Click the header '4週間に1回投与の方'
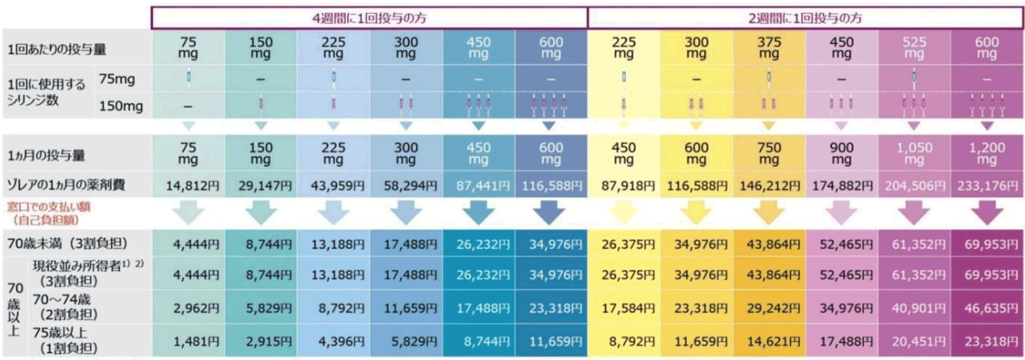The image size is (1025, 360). (369, 18)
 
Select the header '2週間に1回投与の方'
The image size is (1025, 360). (805, 18)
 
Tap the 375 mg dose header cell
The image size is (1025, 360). (769, 47)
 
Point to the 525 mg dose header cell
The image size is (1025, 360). (914, 47)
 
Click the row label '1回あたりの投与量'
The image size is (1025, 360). (57, 49)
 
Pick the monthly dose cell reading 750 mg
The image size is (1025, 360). (769, 153)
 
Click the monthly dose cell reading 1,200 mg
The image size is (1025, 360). (987, 153)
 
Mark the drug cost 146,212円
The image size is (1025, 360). (770, 186)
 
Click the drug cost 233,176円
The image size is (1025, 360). (987, 186)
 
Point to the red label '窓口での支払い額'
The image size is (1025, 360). (49, 207)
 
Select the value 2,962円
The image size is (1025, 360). (196, 308)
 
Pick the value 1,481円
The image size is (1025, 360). (196, 342)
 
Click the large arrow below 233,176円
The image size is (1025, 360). (987, 213)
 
